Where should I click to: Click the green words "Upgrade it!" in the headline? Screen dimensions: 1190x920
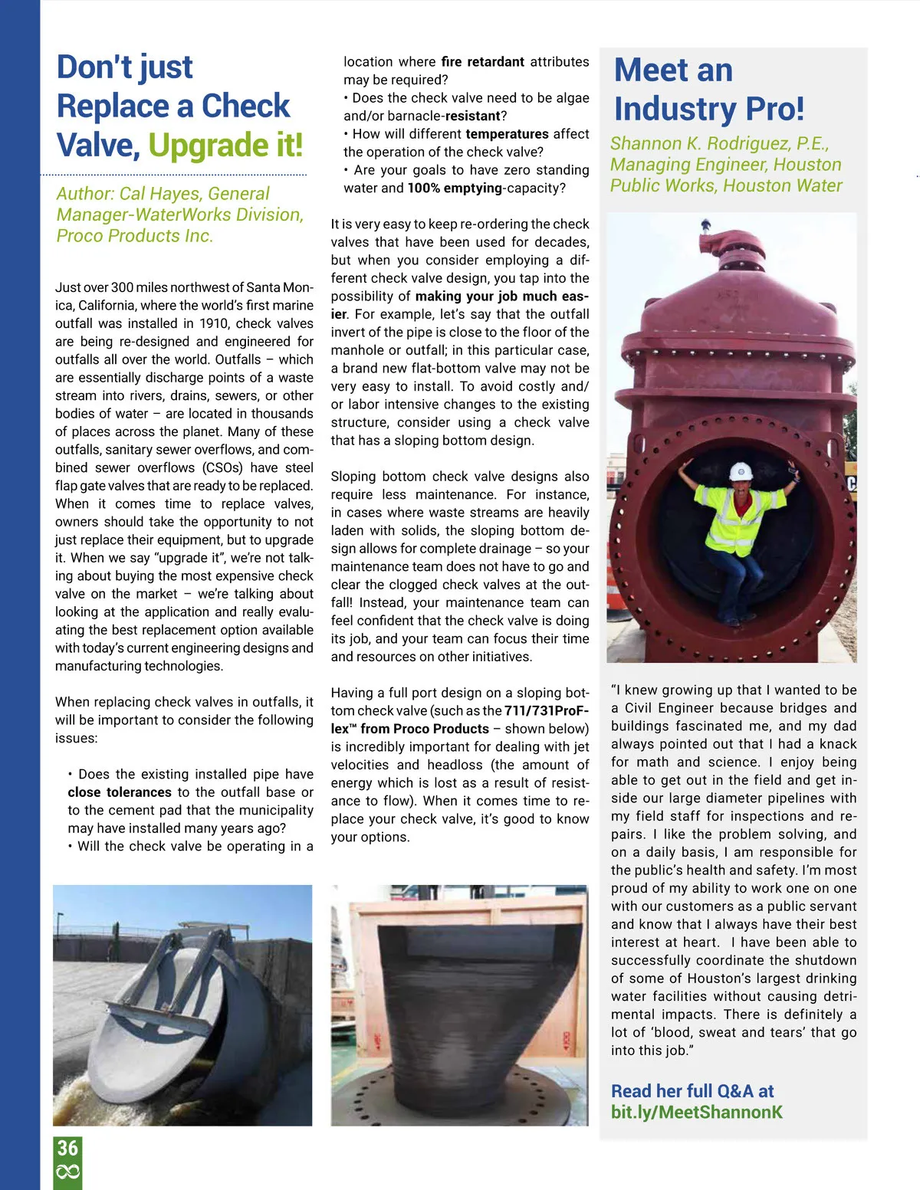225,145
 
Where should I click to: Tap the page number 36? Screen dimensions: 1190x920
67,1148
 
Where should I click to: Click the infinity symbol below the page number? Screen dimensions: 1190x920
67,1172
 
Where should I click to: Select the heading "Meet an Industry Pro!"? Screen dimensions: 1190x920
708,90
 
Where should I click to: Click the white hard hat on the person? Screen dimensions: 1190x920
741,470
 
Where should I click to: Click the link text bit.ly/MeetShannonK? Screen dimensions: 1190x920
696,1112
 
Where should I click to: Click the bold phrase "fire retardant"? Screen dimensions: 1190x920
483,62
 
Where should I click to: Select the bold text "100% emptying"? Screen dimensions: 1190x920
455,188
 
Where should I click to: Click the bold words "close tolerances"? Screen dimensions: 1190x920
120,792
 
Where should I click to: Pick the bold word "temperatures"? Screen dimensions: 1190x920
507,134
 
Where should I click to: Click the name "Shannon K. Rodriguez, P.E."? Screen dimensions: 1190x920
718,143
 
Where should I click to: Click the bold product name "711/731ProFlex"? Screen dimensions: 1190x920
546,710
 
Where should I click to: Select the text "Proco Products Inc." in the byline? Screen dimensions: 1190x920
134,236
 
